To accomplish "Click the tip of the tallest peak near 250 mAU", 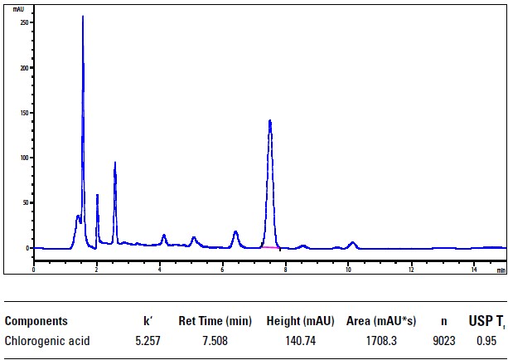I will coord(83,17).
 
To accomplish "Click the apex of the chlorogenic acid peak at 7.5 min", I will coord(270,121).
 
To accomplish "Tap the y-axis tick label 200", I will coord(23,67).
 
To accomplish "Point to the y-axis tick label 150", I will coord(23,112).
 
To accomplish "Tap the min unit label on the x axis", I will coord(501,270).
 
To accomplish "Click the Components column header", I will coord(36,321).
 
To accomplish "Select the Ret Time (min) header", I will coord(215,321).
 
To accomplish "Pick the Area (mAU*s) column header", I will coord(381,321).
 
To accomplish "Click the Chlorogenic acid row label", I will coord(47,340).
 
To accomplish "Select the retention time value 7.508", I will coord(215,340).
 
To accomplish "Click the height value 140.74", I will coord(298,340).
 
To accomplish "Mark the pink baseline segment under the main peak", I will coord(269,247).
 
